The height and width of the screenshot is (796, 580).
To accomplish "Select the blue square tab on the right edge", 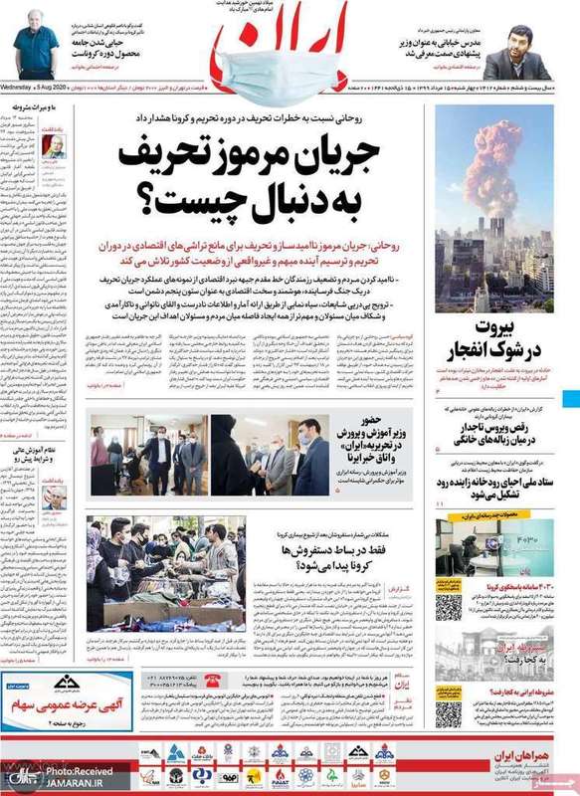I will tap(571, 399).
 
